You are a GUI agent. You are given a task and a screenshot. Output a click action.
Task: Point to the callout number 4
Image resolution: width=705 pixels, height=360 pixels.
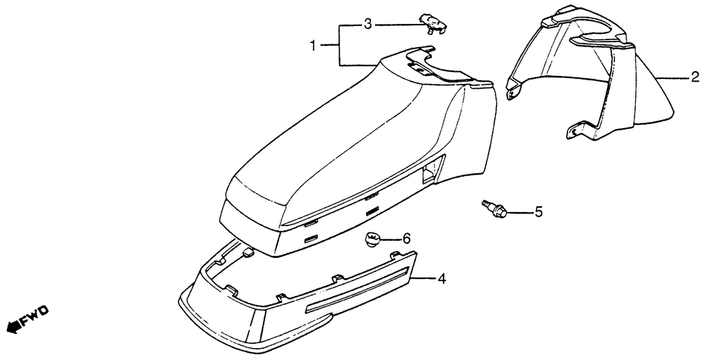(441, 279)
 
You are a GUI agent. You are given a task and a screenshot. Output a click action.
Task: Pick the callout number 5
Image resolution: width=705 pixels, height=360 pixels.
(538, 211)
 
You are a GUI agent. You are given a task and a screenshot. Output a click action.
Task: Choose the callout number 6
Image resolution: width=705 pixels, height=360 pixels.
(406, 239)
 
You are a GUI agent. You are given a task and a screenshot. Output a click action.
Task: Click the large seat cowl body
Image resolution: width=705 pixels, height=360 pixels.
(338, 148)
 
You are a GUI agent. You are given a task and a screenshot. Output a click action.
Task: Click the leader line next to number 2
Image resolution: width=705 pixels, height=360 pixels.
(668, 78)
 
